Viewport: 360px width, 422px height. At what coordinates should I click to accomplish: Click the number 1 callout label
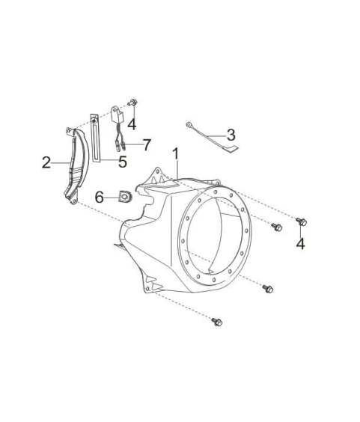point(176,154)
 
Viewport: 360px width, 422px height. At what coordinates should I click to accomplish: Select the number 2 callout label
point(46,162)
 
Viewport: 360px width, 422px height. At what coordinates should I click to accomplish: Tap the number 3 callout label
point(231,135)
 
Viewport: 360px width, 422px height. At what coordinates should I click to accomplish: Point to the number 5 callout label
point(123,162)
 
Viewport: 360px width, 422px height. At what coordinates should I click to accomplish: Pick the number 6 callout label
point(100,198)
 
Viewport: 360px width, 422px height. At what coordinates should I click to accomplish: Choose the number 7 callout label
point(147,145)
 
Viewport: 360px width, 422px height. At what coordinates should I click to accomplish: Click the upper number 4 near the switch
point(132,124)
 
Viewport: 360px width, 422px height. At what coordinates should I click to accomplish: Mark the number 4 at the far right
point(300,244)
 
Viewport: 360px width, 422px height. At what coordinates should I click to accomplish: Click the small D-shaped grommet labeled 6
point(124,196)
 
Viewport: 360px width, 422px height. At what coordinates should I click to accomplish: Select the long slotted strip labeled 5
point(95,138)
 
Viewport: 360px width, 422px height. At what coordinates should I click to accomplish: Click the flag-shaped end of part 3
point(231,149)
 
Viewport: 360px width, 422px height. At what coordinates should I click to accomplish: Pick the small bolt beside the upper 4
point(133,102)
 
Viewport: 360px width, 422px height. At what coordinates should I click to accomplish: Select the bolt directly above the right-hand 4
point(302,222)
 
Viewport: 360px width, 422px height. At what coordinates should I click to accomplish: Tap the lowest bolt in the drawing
point(217,322)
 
